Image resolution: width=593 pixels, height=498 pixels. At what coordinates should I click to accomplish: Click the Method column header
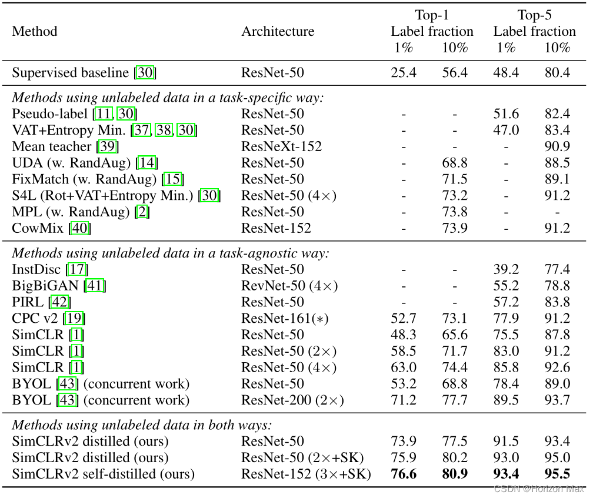[x=35, y=31]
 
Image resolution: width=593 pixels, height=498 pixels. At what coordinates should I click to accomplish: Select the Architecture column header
[x=278, y=31]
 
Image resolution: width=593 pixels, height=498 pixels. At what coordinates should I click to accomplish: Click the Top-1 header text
[x=432, y=15]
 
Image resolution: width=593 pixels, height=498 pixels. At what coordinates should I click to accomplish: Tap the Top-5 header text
[x=535, y=15]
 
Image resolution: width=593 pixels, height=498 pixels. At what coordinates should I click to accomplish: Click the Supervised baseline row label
[x=71, y=73]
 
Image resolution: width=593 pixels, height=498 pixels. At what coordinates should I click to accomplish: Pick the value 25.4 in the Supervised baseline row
[x=403, y=73]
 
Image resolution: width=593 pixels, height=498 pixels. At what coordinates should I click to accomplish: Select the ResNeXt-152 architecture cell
[x=282, y=146]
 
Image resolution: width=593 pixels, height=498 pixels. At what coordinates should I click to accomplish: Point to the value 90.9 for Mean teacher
[x=558, y=146]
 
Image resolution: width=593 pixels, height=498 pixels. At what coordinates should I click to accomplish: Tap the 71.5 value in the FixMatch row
[x=455, y=179]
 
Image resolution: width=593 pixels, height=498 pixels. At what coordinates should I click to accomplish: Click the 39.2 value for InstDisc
[x=505, y=269]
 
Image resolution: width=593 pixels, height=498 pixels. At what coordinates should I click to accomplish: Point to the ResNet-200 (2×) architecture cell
[x=292, y=401]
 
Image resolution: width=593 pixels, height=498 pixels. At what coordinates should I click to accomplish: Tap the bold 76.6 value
[x=403, y=474]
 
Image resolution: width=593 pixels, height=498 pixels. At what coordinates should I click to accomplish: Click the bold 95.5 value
[x=558, y=474]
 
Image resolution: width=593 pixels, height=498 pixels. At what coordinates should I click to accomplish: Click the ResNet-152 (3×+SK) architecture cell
[x=306, y=474]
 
